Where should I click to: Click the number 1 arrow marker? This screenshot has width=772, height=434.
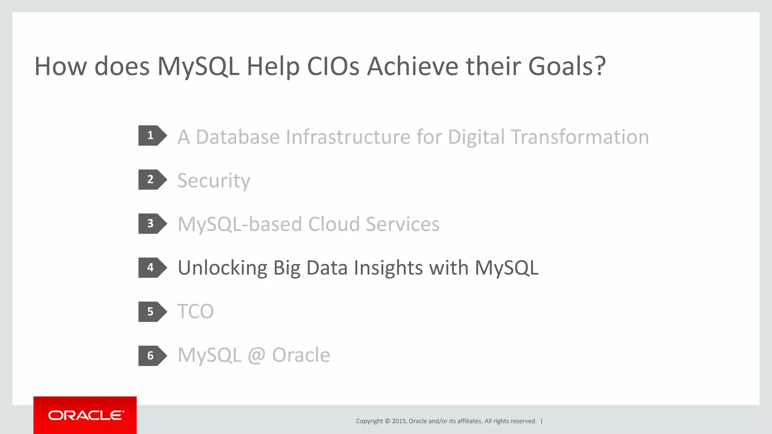[152, 136]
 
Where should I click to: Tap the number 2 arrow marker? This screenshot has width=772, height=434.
[152, 180]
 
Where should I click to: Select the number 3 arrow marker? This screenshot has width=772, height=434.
[152, 224]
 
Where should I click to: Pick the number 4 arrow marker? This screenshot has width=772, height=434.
[152, 267]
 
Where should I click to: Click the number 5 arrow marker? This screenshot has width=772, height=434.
[152, 312]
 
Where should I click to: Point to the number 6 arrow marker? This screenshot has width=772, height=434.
[152, 356]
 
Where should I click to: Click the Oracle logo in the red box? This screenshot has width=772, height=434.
[86, 416]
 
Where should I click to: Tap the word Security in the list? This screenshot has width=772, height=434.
[214, 181]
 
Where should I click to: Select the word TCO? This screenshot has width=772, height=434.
[195, 312]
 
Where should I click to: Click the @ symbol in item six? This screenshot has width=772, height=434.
[256, 355]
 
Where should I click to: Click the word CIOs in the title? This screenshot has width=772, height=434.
[333, 66]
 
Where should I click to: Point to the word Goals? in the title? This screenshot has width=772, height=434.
[567, 66]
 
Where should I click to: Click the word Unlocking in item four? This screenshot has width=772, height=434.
[222, 268]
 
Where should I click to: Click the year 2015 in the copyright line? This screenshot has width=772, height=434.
[398, 421]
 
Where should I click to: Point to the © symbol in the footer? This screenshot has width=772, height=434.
[387, 421]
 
